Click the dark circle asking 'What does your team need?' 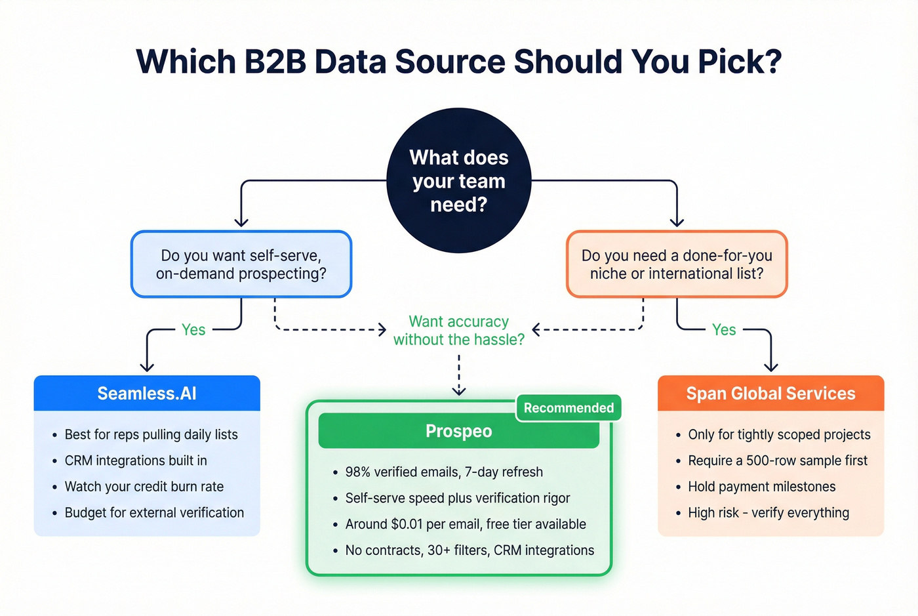(458, 180)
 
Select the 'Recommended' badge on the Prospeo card (568, 408)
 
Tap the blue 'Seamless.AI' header (147, 394)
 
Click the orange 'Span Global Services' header (770, 394)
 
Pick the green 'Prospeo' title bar (458, 432)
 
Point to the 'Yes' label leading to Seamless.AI (193, 330)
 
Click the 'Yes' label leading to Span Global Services (724, 330)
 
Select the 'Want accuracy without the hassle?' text (458, 331)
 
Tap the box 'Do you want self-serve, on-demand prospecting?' (241, 264)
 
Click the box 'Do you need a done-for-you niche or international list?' (677, 264)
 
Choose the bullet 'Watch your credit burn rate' (144, 487)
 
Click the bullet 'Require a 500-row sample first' (777, 461)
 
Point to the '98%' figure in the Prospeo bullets (358, 472)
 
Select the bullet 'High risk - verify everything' (768, 513)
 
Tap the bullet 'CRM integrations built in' (136, 461)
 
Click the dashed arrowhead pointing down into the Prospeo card (459, 391)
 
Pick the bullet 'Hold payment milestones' (761, 487)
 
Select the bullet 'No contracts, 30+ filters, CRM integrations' (469, 550)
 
